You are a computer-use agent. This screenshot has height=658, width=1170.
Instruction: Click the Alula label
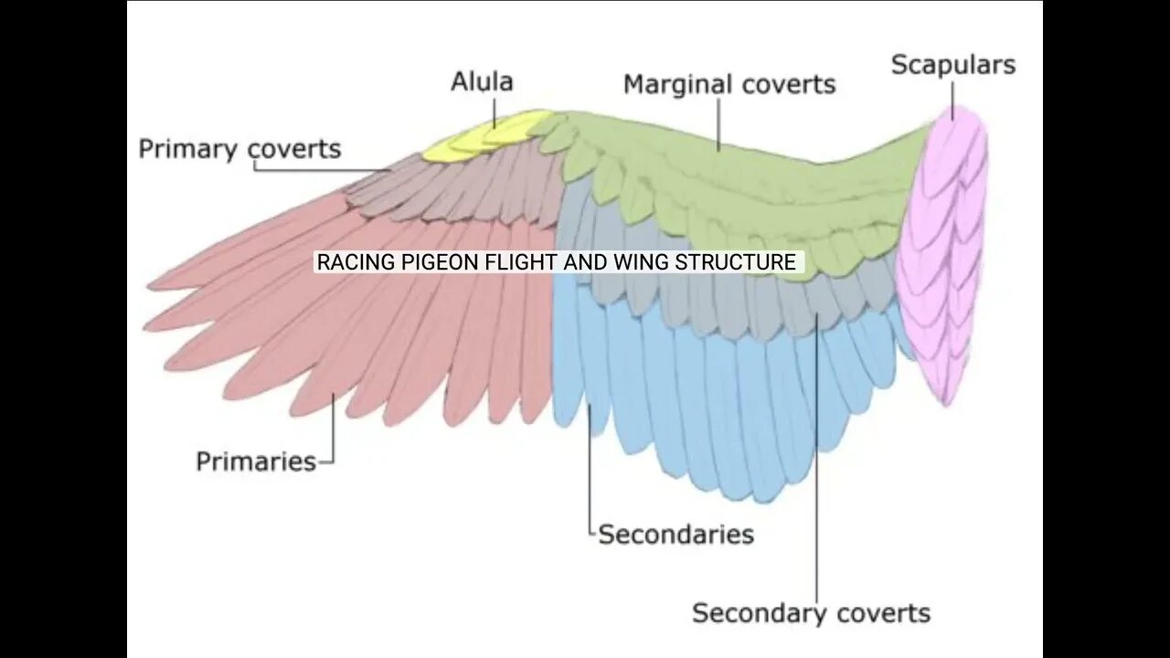482,82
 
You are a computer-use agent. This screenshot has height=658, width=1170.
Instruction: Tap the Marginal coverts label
729,85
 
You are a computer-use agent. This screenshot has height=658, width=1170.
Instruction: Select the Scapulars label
953,65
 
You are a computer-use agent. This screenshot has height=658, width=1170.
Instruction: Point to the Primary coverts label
239,149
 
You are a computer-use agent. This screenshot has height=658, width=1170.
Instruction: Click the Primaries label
256,462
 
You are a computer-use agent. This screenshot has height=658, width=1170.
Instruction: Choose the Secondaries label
675,535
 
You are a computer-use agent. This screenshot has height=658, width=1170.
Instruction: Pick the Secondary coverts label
811,613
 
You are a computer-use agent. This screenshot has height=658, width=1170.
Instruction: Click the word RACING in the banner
346,263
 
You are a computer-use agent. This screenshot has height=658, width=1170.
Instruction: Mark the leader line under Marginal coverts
719,123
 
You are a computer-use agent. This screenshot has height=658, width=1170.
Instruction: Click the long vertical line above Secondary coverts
817,457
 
